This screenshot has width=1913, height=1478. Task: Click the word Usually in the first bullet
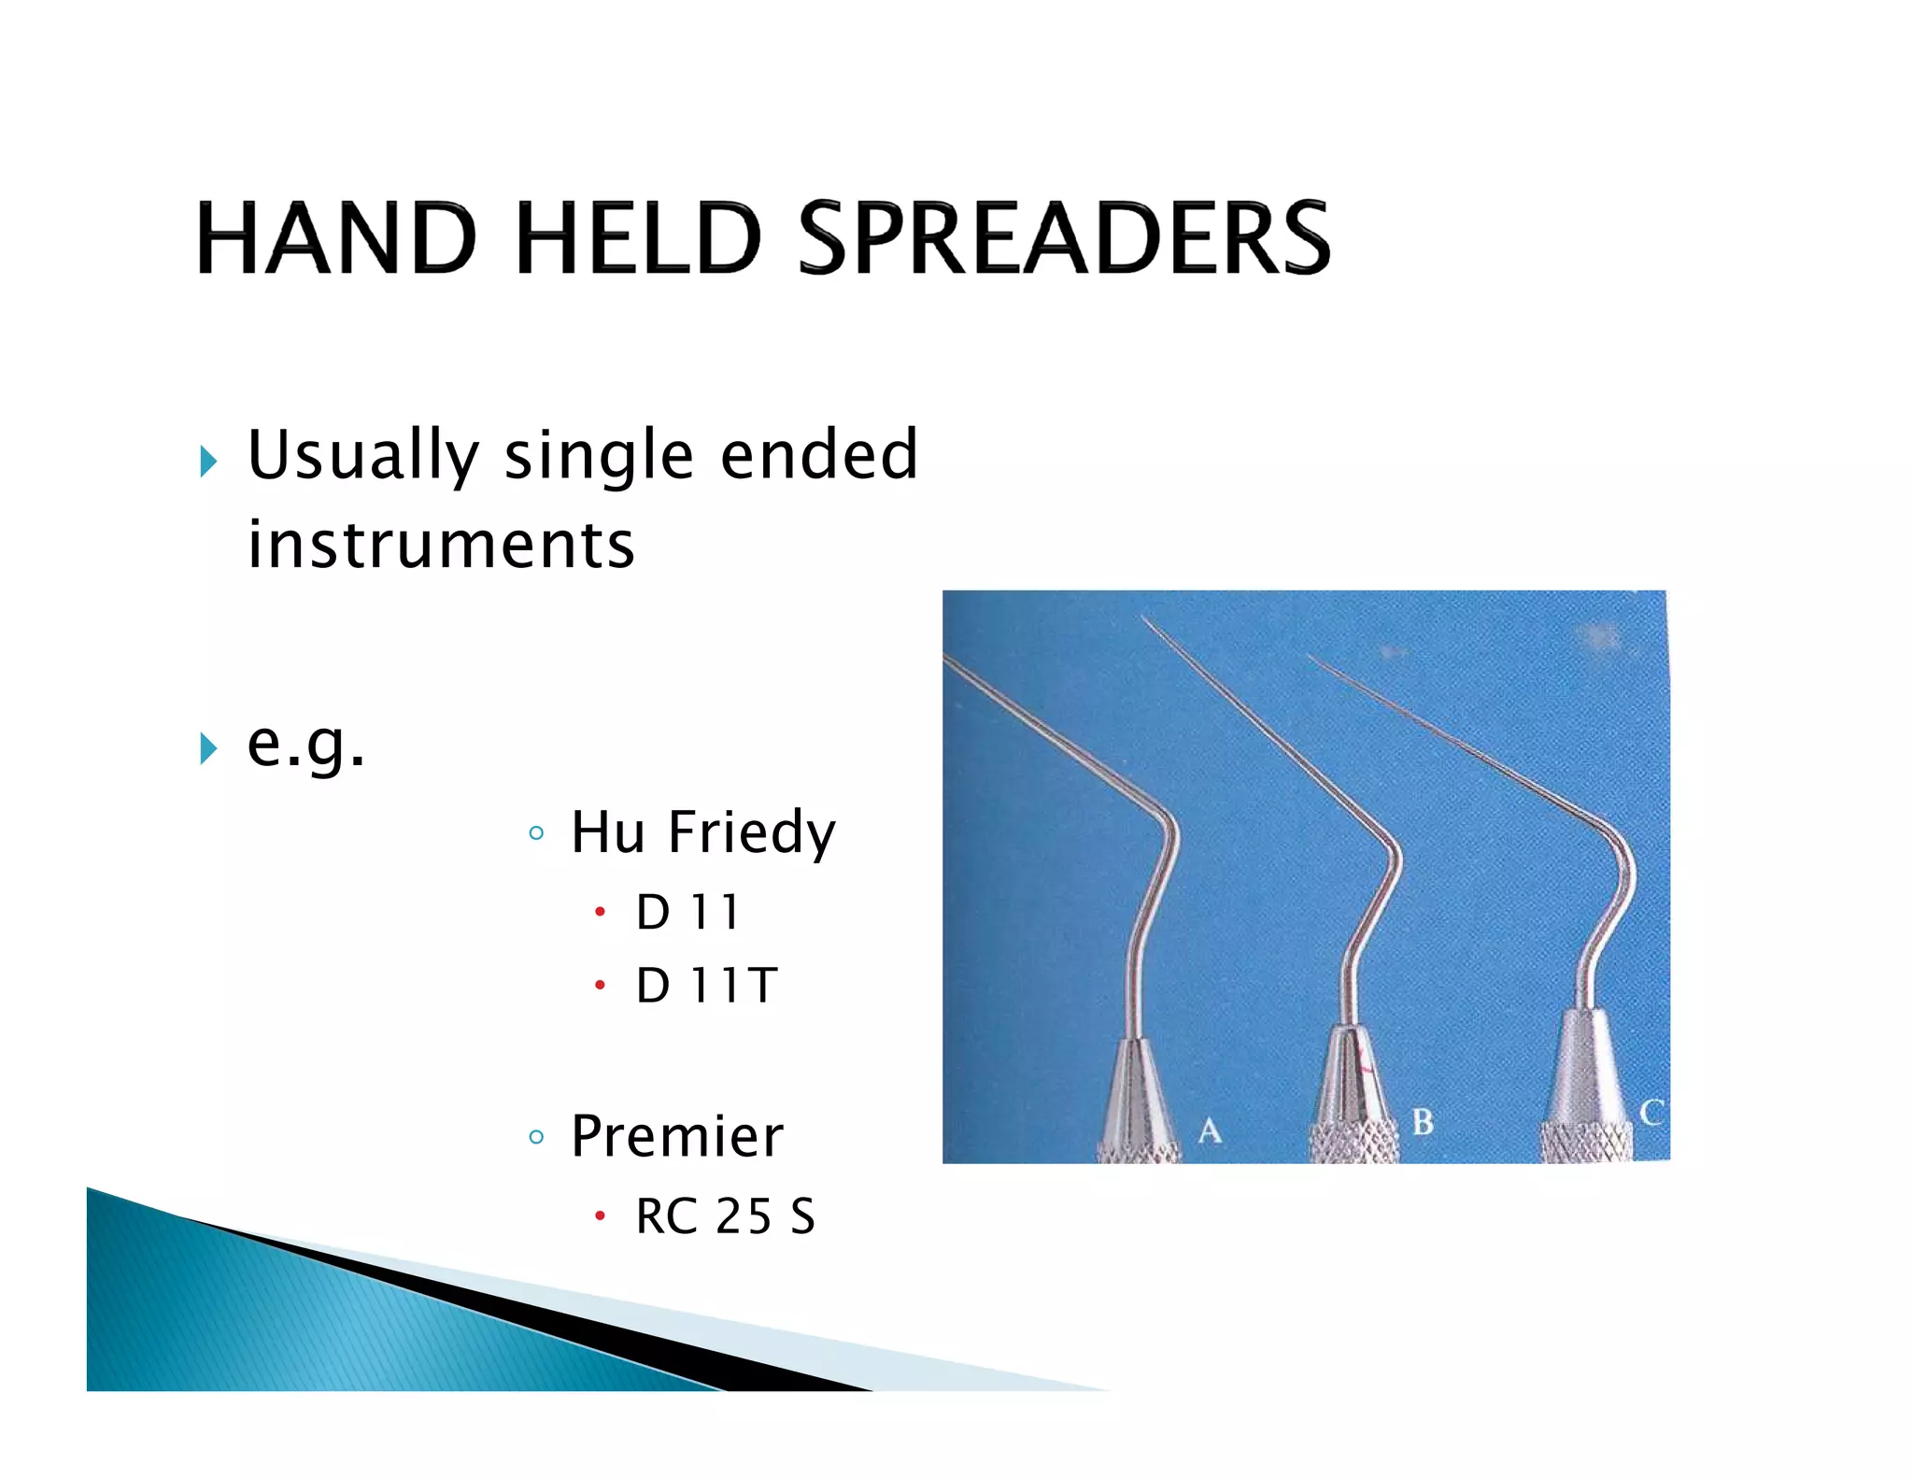[362, 456]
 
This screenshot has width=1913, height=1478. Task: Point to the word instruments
[441, 545]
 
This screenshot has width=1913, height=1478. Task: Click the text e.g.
[305, 745]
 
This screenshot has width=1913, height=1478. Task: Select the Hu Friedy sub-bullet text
[702, 831]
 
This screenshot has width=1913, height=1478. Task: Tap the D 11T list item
[706, 986]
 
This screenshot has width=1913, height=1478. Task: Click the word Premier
[676, 1136]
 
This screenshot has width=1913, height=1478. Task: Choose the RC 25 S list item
[725, 1216]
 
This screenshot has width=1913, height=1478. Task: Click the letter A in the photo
[1210, 1130]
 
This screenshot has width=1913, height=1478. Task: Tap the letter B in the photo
[1422, 1121]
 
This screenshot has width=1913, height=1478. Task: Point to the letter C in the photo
[1651, 1112]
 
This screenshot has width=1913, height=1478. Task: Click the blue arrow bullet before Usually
[208, 461]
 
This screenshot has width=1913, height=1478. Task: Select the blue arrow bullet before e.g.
[208, 747]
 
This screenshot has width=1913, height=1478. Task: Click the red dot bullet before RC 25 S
[600, 1215]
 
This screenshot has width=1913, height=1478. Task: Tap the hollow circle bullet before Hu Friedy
[535, 832]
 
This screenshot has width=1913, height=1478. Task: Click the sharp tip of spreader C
[1310, 657]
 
